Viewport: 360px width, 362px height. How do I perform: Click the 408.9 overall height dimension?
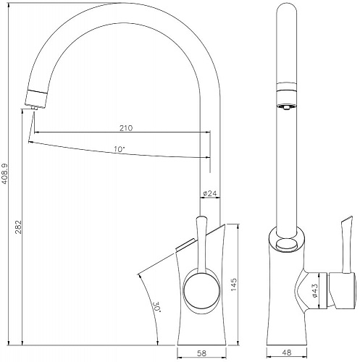tap(5, 174)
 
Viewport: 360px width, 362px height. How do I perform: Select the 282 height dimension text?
tap(19, 227)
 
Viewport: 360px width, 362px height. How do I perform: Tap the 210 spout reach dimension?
tap(126, 128)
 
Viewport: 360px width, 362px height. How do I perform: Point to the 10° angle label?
tap(120, 149)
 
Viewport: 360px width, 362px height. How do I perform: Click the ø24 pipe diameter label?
tap(210, 193)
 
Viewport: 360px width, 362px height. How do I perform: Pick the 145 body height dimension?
tap(234, 285)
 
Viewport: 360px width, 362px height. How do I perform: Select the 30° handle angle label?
tap(157, 306)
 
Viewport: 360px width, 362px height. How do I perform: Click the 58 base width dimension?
tap(202, 353)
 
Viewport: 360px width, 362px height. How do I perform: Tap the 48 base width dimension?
tap(287, 353)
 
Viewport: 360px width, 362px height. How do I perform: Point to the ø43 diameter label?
tap(315, 290)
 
